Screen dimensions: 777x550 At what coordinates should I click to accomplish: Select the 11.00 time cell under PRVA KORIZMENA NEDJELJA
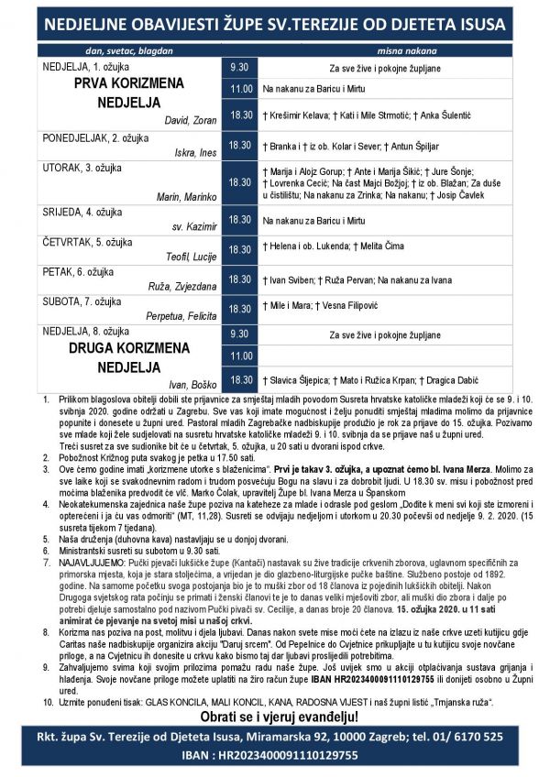[x=240, y=90]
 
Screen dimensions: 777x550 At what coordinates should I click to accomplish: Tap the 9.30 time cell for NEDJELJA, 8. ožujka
[x=240, y=334]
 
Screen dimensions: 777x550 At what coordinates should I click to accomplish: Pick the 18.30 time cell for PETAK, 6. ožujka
[x=240, y=279]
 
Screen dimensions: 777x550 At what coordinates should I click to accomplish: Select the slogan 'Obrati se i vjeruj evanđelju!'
[x=275, y=715]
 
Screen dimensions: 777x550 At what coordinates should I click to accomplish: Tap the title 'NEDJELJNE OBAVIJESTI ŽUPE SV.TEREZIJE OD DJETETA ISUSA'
[x=275, y=20]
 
